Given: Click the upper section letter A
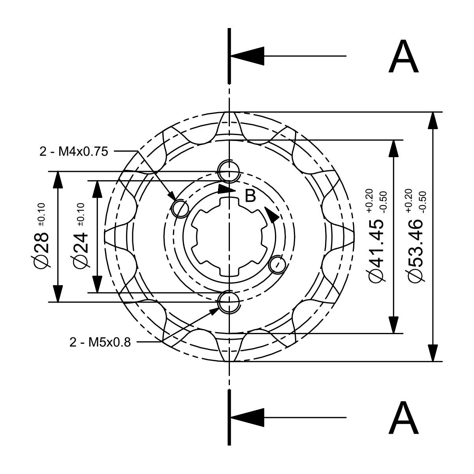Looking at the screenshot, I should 403,58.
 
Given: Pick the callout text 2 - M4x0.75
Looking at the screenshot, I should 74,151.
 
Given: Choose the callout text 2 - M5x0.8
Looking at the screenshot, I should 100,342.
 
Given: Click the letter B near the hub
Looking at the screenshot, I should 250,196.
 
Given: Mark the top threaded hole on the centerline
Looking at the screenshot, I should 229,171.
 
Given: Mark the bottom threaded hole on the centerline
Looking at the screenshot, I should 229,301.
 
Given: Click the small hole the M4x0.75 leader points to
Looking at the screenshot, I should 181,208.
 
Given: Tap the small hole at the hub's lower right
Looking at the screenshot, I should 277,264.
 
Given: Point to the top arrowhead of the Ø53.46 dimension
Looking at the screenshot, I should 433,120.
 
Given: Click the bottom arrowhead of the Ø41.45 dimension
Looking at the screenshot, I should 393,325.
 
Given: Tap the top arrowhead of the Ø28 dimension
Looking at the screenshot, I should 58,180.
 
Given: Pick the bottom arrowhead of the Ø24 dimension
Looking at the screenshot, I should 96,284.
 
